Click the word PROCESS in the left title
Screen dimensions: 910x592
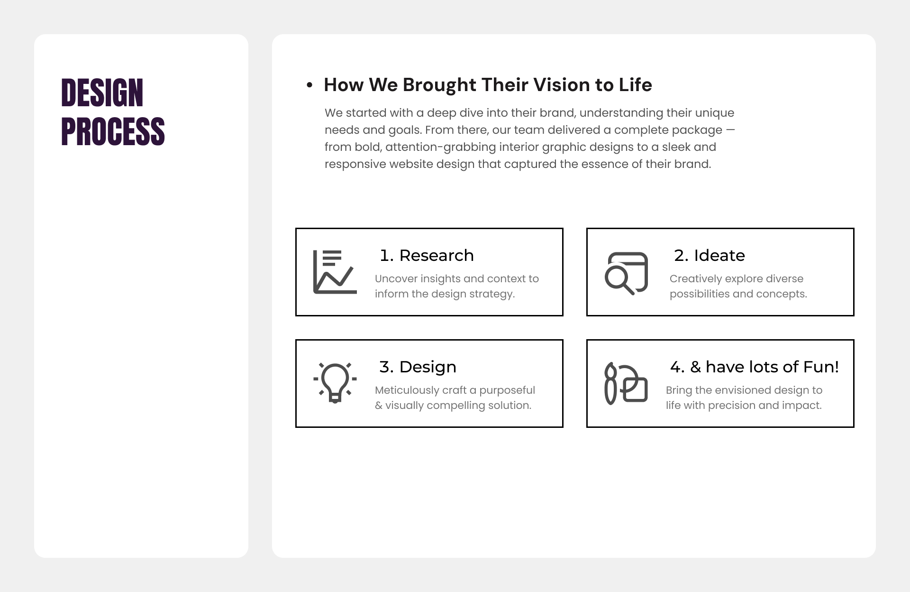click(x=113, y=131)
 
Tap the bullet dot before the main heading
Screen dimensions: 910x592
click(x=309, y=85)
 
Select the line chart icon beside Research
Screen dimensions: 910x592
click(x=335, y=272)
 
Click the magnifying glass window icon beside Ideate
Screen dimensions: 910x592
click(x=626, y=273)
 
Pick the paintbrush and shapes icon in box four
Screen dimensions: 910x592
click(x=626, y=384)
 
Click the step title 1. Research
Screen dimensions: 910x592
click(x=427, y=255)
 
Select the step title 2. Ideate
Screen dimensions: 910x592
click(x=710, y=255)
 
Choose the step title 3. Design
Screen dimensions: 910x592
click(x=418, y=367)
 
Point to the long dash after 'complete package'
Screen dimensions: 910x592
click(x=730, y=130)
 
